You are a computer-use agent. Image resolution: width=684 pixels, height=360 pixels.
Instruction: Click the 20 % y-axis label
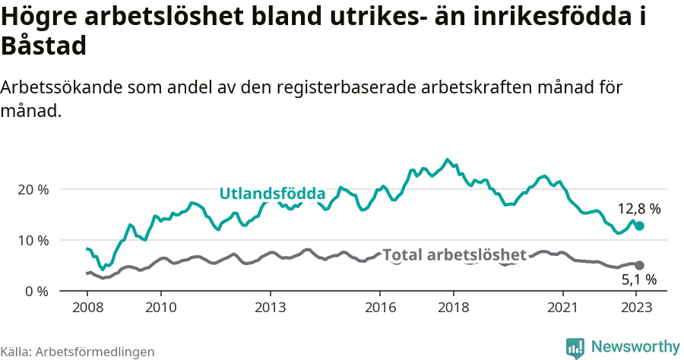(x=33, y=189)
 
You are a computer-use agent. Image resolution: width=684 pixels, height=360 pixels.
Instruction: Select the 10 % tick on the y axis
(x=33, y=240)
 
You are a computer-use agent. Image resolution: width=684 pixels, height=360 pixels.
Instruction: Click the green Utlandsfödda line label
(x=272, y=194)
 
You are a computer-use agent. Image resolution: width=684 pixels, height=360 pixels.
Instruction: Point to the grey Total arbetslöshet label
(x=454, y=254)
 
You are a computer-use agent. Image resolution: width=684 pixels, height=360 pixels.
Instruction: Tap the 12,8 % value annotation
(x=638, y=208)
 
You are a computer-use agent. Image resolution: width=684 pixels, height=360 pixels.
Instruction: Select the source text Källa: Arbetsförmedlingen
(x=78, y=352)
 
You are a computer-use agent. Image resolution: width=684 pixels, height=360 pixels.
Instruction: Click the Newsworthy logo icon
(x=575, y=347)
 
